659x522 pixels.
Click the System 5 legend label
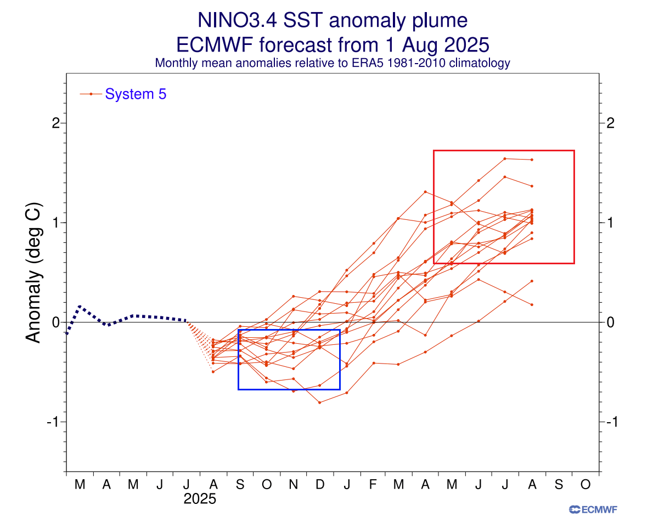point(136,94)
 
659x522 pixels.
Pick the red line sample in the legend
point(91,94)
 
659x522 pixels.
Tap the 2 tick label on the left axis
point(55,123)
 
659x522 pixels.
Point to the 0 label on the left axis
point(55,322)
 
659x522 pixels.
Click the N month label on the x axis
point(294,485)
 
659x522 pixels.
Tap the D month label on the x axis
point(320,485)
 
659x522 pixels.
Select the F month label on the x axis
point(373,485)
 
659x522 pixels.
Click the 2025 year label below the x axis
point(200,500)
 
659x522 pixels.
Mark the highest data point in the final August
point(532,160)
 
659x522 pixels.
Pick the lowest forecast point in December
point(320,402)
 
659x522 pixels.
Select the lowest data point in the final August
point(532,304)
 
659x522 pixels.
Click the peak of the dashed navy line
point(80,306)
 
